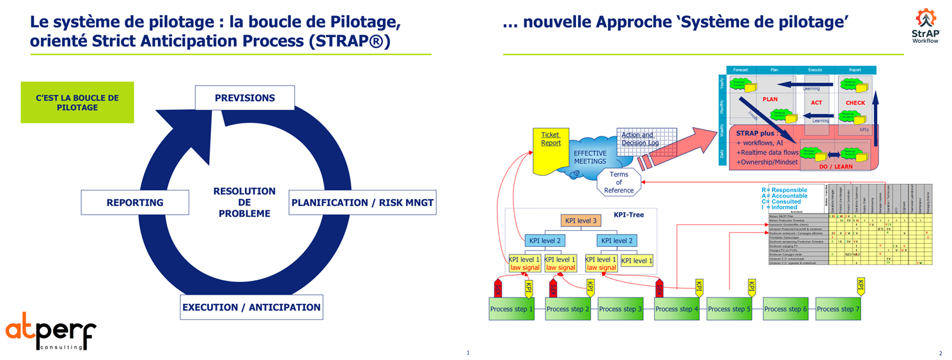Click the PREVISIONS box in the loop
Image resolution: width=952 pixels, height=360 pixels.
[245, 98]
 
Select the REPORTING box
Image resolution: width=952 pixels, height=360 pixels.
[135, 203]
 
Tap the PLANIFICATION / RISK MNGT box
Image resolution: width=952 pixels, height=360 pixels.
[363, 203]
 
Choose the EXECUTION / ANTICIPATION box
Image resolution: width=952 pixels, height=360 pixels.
[251, 308]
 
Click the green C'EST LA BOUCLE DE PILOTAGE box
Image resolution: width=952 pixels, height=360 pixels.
[77, 102]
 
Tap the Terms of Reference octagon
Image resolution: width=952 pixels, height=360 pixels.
[619, 182]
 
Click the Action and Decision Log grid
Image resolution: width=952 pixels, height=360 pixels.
[639, 143]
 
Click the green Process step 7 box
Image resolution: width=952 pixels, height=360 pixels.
[838, 309]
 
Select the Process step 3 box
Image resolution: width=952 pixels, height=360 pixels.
[620, 309]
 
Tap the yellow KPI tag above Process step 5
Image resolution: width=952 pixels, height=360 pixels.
[752, 288]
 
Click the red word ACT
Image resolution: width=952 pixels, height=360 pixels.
[816, 102]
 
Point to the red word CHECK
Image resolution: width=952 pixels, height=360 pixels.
[855, 102]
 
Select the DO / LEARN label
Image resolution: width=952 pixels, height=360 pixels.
[836, 166]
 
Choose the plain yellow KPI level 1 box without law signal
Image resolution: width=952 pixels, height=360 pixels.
[637, 260]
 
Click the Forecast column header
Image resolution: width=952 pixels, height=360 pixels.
[740, 70]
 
